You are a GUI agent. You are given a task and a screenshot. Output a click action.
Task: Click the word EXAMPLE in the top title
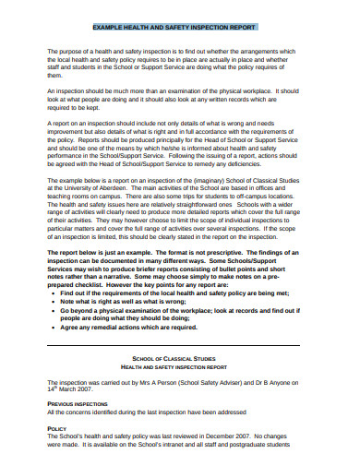pyautogui.click(x=112, y=30)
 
